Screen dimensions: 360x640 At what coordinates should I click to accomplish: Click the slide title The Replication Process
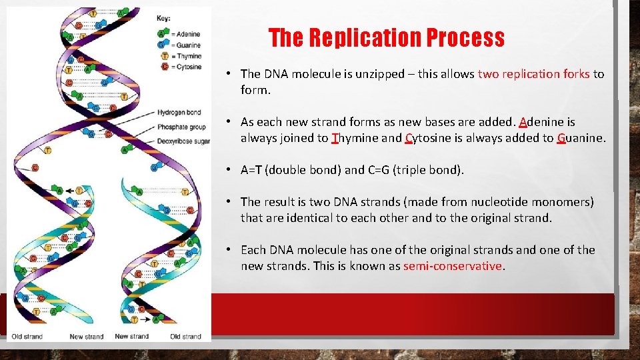386,38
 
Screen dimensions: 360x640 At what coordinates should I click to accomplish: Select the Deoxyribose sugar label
184,141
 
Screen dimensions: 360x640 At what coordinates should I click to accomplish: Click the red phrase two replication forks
534,74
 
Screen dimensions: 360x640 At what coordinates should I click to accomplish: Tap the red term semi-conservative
453,266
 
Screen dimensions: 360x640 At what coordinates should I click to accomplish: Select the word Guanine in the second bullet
581,139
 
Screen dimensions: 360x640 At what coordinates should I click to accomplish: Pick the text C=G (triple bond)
415,170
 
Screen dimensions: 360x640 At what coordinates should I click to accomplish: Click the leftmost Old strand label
27,336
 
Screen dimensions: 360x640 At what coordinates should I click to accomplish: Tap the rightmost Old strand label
185,336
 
